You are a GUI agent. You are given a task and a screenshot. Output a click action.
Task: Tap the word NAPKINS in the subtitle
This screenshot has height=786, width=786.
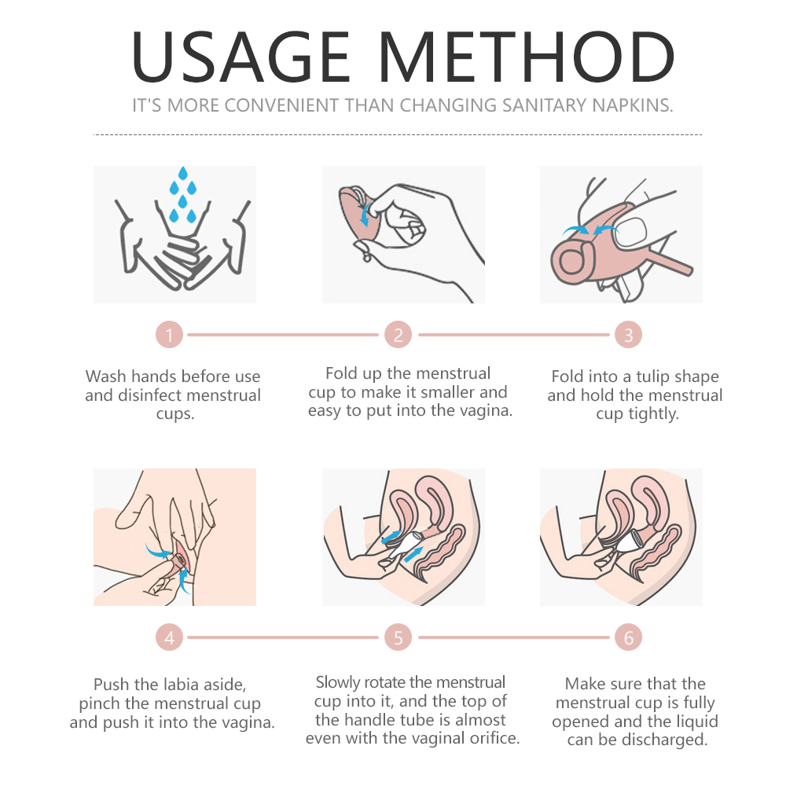point(633,105)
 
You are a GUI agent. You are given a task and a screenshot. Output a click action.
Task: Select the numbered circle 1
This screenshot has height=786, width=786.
point(170,335)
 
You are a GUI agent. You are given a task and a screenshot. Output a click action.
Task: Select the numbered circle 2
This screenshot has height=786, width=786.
point(398,335)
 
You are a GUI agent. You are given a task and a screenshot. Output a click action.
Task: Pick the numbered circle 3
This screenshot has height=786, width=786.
point(628,335)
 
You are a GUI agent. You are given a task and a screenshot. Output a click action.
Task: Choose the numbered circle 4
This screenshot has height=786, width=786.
point(170,637)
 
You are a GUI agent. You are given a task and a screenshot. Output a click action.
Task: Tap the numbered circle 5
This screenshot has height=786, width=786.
point(398,637)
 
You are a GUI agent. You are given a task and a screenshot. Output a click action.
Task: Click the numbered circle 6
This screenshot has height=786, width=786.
point(628,637)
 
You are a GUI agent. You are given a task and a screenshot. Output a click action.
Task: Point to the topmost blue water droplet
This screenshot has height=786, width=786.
point(183,174)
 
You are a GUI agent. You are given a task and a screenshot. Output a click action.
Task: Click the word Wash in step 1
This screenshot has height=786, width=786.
point(106,376)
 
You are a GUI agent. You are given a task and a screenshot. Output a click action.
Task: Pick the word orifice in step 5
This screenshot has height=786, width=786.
point(494,738)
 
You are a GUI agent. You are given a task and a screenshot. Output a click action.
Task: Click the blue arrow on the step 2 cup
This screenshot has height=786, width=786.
point(366,214)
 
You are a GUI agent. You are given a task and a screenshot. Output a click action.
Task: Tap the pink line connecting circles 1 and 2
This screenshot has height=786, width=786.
point(283,334)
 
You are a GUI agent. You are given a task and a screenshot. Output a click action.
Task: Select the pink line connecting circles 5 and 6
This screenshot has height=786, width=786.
point(514,637)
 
